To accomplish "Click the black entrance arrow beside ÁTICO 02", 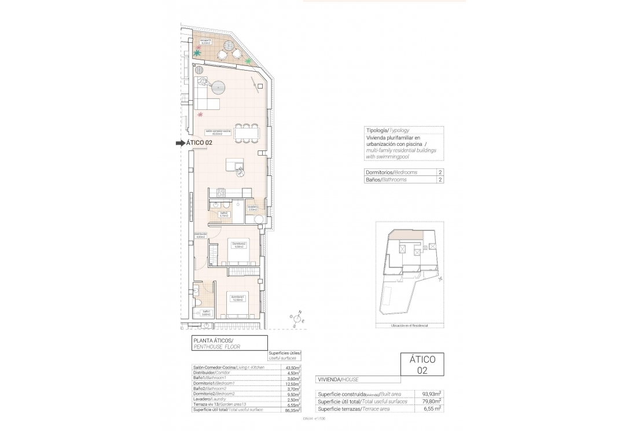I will (181, 143).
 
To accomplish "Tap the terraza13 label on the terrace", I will (204, 42).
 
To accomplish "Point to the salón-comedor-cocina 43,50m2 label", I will (218, 133).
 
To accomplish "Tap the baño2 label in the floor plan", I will (223, 214).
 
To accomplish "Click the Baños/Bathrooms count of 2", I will (440, 180).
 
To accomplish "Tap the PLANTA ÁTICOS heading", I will (213, 340).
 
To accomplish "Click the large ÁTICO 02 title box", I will (422, 365).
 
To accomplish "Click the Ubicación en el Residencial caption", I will (409, 326).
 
